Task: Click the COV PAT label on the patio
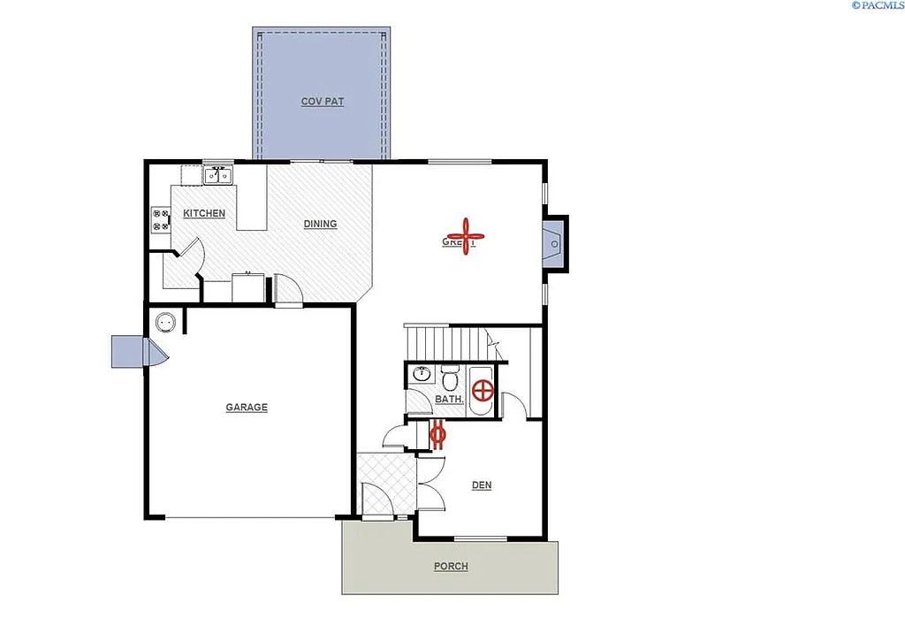323,102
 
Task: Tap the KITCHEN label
204,213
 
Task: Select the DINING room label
320,224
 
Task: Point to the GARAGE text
247,408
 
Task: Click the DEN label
482,485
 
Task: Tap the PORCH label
451,566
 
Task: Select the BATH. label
450,400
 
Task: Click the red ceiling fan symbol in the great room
463,236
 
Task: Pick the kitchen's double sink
218,176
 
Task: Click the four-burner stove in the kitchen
161,219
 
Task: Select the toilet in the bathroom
450,378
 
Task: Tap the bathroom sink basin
422,375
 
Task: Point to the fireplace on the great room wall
555,241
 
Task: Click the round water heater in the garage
165,323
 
